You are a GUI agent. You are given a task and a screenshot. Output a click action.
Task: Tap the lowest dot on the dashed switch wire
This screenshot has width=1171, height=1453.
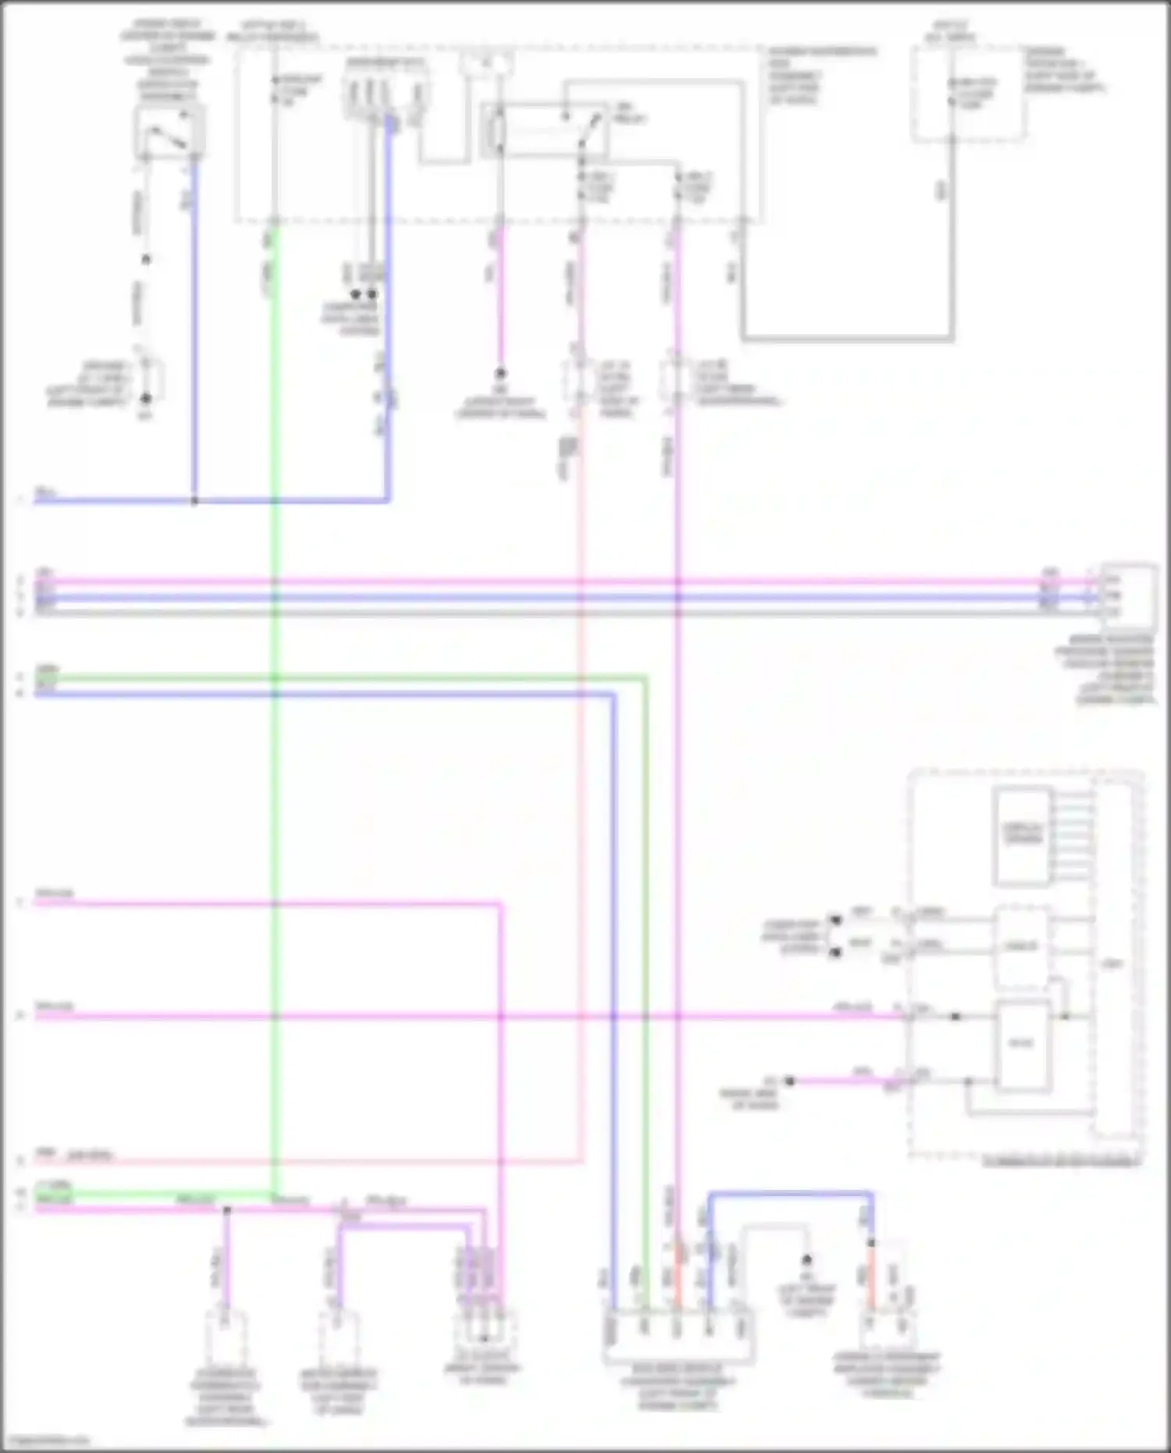145,398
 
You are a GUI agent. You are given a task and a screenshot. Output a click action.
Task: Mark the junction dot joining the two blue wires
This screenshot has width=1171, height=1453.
194,500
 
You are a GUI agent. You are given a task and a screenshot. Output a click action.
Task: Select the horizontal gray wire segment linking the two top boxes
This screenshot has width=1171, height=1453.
847,339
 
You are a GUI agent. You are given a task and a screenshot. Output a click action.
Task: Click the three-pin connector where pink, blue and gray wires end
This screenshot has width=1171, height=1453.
1127,596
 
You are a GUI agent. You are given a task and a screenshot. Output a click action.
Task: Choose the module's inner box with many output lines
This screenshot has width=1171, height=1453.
1021,836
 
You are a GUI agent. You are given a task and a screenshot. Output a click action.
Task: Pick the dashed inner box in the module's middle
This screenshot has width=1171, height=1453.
1021,947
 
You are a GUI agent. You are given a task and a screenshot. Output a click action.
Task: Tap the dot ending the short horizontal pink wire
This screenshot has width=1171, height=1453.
790,1081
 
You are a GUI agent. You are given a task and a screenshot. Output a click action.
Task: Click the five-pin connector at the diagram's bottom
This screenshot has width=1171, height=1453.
678,1338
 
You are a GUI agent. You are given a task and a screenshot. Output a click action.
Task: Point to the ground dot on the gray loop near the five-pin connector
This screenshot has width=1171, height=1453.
807,1260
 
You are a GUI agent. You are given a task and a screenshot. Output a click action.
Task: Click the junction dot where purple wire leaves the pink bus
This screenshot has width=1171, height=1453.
227,1210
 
